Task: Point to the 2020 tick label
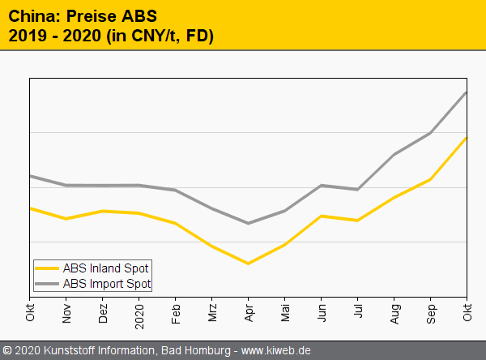pos(139,312)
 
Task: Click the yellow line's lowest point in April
pos(249,264)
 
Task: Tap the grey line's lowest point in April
pos(249,223)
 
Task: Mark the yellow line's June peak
pos(322,216)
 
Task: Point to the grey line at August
pos(394,154)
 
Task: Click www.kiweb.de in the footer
pos(276,351)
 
